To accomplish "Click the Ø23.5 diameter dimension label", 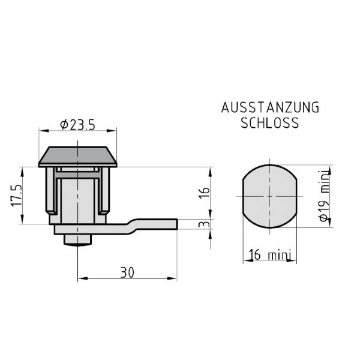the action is click(77, 125).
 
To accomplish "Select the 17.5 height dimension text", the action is click(17, 196).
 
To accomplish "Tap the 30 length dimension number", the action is click(127, 272).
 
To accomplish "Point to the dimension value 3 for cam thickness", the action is click(205, 224).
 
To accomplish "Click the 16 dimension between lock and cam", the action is click(205, 193).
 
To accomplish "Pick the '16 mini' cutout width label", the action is click(270, 254).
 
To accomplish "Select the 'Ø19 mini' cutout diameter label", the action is click(325, 196).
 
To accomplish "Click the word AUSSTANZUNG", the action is click(270, 107).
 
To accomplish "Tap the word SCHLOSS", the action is click(270, 123).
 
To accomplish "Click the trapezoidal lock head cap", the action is click(77, 157).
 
